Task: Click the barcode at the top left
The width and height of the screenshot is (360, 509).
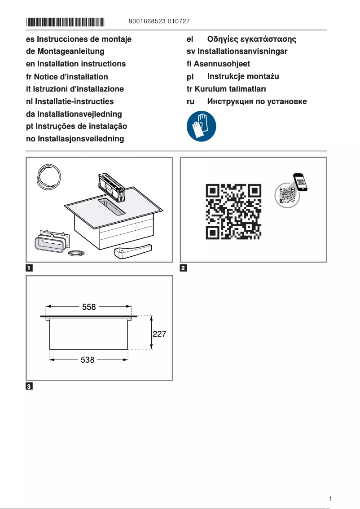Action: [66, 22]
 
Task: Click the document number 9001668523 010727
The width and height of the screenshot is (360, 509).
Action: [158, 22]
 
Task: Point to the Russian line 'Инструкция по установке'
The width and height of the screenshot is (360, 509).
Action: [257, 101]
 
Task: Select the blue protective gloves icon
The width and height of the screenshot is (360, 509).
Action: [201, 127]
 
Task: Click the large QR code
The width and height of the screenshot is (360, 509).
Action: [233, 211]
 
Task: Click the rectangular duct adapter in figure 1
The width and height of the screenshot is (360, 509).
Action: [52, 243]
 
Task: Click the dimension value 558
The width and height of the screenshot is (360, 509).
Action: [88, 307]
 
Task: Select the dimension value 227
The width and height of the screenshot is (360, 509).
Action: [160, 334]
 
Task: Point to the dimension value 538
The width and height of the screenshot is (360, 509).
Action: [87, 360]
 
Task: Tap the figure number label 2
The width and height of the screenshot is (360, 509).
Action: [183, 268]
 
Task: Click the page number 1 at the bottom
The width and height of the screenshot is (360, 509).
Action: [330, 499]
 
